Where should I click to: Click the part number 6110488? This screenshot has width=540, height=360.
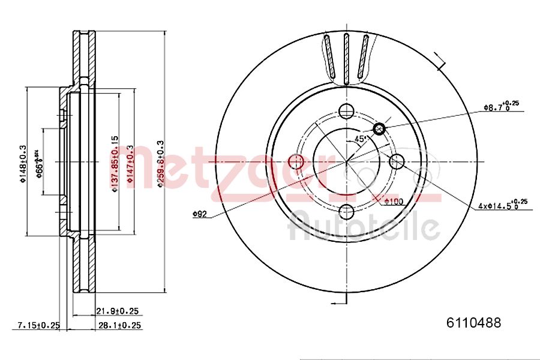pos(473,323)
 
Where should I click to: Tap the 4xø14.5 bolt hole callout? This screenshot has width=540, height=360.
pos(503,205)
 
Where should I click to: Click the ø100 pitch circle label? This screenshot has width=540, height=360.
pos(393,202)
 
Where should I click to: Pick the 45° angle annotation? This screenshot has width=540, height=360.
pos(361,139)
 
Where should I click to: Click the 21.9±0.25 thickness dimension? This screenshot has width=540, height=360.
pos(118,311)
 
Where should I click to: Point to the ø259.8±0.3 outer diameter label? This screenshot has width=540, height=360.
pos(160,163)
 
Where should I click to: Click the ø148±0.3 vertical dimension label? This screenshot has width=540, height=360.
pos(24,163)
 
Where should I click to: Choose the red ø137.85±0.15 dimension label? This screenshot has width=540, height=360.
pos(115,163)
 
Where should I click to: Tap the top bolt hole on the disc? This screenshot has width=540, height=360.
pos(346,111)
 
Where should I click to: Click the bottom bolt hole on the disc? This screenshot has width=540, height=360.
pos(346,212)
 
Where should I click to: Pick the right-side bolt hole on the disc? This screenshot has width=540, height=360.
pos(397,161)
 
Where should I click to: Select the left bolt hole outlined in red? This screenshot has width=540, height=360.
pos(296,161)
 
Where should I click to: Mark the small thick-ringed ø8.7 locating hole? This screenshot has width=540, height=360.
pos(379,128)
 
